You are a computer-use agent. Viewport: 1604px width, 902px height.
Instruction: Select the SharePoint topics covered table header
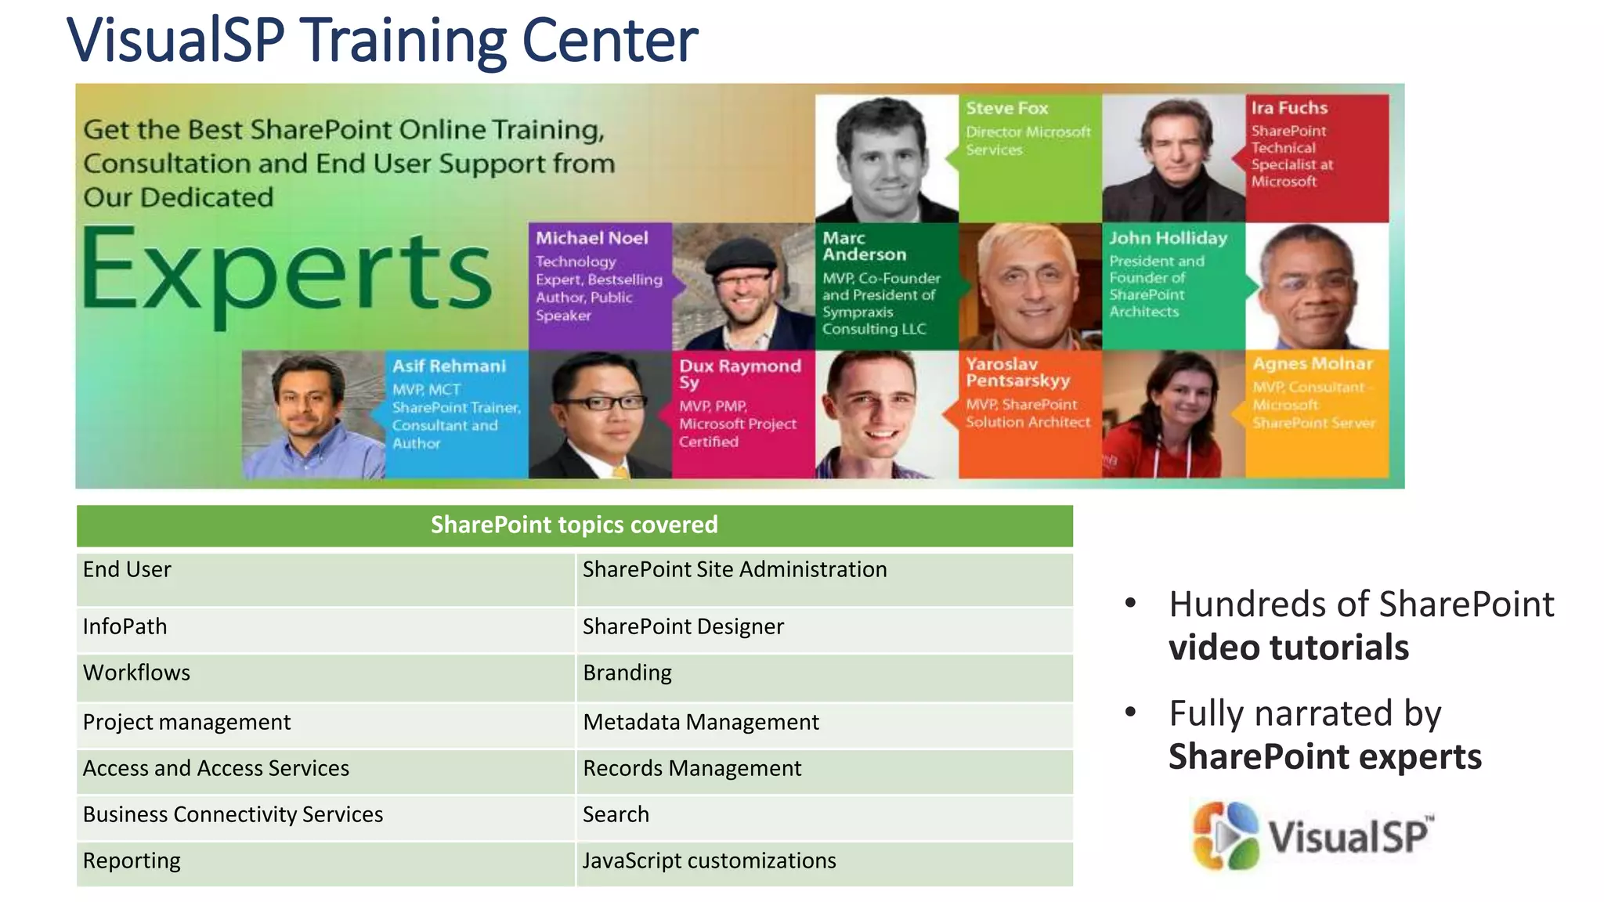574,525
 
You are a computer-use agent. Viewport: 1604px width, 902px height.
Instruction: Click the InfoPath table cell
125,626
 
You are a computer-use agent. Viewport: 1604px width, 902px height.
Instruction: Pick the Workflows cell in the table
137,673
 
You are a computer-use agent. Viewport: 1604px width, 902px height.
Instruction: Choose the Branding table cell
627,673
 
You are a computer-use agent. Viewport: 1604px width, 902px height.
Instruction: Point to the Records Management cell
692,768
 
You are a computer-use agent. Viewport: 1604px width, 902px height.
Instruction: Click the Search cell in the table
616,814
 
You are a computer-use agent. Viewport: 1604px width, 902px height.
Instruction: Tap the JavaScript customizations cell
710,861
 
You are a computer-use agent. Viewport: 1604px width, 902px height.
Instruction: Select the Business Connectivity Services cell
233,814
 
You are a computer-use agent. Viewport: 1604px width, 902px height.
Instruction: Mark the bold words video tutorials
1288,648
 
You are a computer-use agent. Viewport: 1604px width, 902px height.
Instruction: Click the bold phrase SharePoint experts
1325,756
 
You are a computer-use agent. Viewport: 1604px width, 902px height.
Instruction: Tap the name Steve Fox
1007,108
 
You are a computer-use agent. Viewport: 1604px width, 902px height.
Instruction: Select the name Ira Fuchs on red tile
1289,108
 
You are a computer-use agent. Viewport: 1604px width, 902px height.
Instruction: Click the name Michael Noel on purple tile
592,238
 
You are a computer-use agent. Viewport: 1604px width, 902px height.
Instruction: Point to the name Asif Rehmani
450,366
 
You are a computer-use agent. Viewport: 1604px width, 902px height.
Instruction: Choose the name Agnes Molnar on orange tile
1313,363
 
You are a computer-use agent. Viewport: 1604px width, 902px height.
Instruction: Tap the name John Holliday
1168,238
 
